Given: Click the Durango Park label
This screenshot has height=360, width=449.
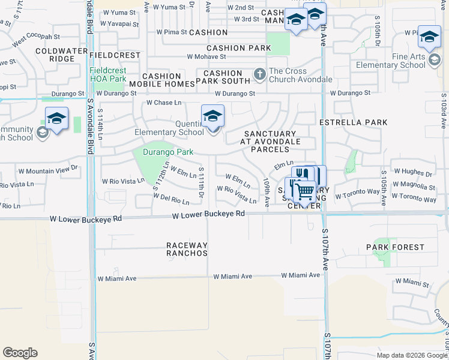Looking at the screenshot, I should point(168,152).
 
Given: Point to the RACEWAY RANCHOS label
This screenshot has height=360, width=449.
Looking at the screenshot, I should point(187,249).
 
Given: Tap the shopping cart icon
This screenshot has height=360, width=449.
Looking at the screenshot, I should point(305,192).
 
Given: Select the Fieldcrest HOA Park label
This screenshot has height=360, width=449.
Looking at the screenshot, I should point(108,74).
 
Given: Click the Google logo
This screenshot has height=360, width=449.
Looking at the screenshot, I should point(20,353).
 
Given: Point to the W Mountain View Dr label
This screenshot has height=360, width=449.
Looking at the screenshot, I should point(47,170).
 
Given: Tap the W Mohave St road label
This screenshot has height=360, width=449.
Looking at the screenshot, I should point(206,57).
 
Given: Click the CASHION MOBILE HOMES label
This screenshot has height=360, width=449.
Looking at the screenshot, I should point(161,80).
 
